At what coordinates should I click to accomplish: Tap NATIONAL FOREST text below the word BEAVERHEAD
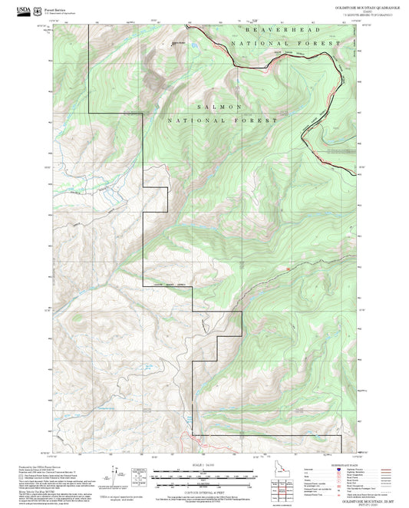(292, 44)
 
